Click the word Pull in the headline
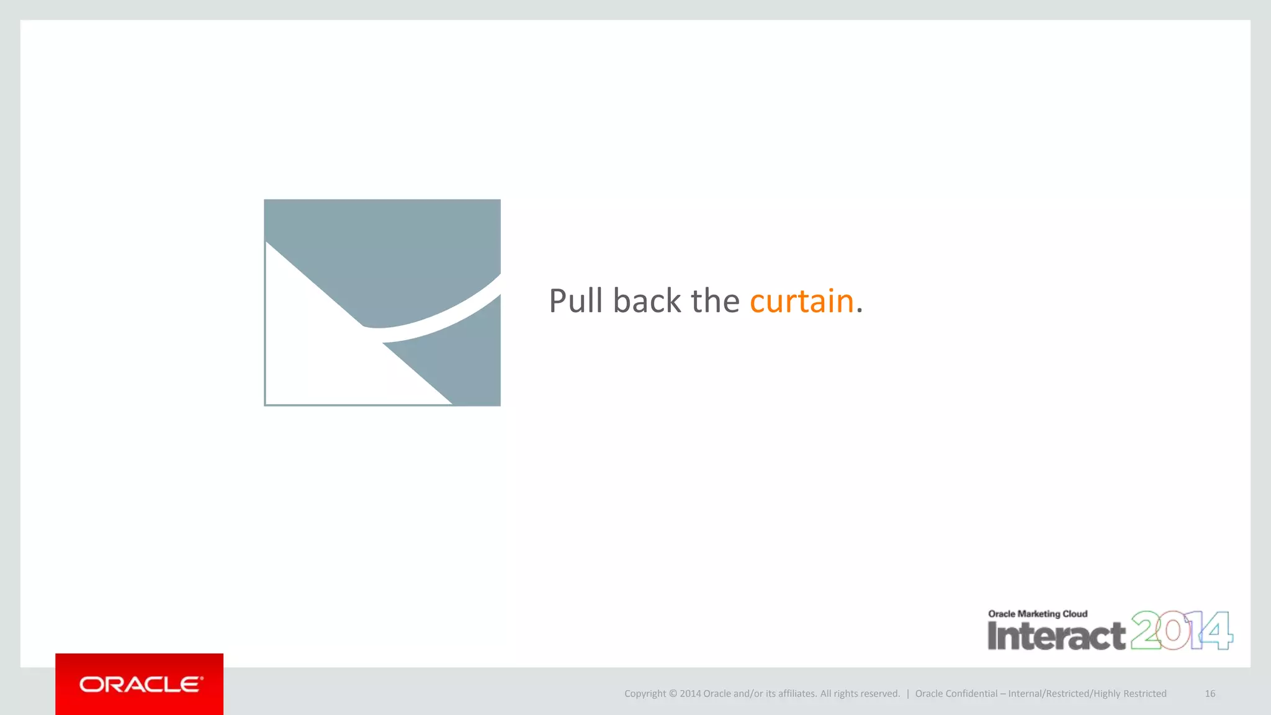(575, 301)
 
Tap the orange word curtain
(801, 301)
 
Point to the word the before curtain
(715, 301)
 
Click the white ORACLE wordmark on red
(141, 685)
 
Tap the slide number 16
(1210, 694)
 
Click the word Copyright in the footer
(644, 694)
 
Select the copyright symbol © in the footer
(673, 694)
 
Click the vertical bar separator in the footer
(907, 694)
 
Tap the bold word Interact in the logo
(1056, 636)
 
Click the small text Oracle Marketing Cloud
(1038, 614)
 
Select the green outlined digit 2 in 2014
(1146, 631)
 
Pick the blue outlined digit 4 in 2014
(1216, 631)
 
